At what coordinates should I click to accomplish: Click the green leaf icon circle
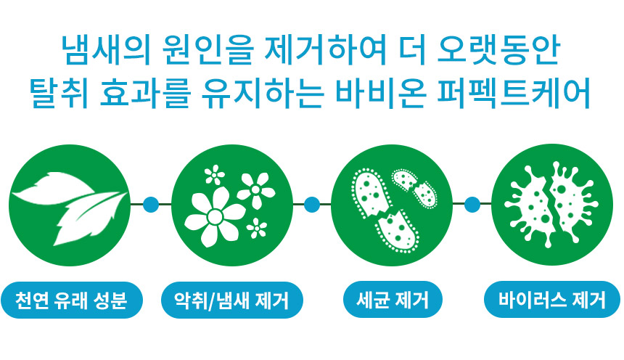(70, 205)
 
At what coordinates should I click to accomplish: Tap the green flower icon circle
(232, 205)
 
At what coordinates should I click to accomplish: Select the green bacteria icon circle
(392, 205)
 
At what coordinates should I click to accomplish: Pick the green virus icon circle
(552, 205)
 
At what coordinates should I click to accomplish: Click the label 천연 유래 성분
(72, 300)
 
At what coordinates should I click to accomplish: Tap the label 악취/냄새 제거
(232, 300)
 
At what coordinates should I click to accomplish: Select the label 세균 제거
(393, 300)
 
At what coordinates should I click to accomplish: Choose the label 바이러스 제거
(552, 300)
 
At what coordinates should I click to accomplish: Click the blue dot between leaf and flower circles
(151, 205)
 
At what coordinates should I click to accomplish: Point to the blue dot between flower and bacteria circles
(312, 205)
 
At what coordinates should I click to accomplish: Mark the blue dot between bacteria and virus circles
(472, 205)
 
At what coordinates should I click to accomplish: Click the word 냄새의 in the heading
(106, 51)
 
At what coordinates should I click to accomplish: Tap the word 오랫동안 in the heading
(498, 51)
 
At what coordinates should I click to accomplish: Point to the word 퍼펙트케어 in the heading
(514, 94)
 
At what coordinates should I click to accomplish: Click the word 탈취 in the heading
(59, 94)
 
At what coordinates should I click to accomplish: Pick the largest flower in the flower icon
(215, 216)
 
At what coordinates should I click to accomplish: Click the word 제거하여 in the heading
(326, 51)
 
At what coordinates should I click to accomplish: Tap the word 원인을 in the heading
(208, 51)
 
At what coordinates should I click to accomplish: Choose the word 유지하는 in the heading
(262, 94)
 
